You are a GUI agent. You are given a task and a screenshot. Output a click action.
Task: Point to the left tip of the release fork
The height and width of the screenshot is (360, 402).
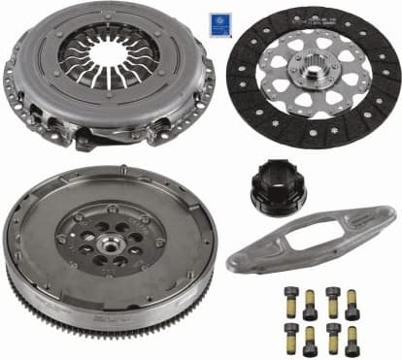(x=233, y=264)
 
